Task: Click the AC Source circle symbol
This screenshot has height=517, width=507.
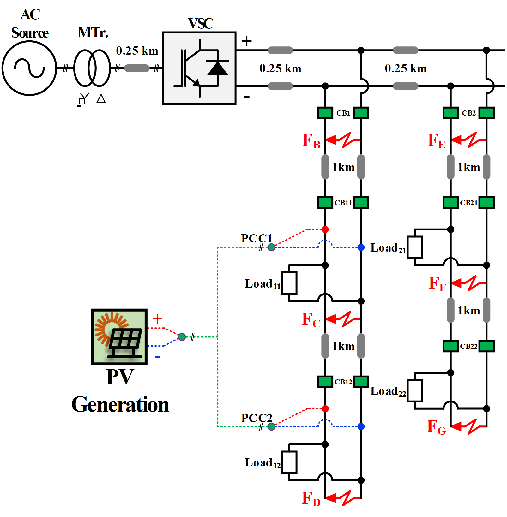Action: point(29,68)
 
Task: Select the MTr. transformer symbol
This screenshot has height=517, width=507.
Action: point(92,68)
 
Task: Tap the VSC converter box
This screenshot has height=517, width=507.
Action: point(199,68)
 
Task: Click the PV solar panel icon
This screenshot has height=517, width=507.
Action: point(119,337)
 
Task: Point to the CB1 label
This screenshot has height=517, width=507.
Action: point(343,113)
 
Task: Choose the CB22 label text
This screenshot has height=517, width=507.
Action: point(468,346)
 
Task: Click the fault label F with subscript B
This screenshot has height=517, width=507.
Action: point(311,141)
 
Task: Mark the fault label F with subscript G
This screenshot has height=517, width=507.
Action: point(436,427)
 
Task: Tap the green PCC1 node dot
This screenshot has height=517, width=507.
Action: point(271,247)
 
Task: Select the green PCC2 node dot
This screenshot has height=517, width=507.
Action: point(271,427)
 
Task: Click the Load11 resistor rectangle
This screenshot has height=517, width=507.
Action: point(289,283)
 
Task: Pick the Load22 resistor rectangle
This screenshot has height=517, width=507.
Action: point(414,390)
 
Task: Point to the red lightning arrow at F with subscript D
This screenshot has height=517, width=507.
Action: point(343,498)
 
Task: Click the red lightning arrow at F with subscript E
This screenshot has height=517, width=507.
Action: point(468,140)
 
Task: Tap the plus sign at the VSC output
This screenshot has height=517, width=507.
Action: point(247,41)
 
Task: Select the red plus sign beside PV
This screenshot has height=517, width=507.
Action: point(157,319)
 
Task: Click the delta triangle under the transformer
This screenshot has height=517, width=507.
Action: point(101,98)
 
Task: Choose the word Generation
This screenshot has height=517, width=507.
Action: point(120,405)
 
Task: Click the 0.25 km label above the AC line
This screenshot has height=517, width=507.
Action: point(137,51)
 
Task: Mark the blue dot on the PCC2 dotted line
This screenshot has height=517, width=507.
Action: point(361,427)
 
